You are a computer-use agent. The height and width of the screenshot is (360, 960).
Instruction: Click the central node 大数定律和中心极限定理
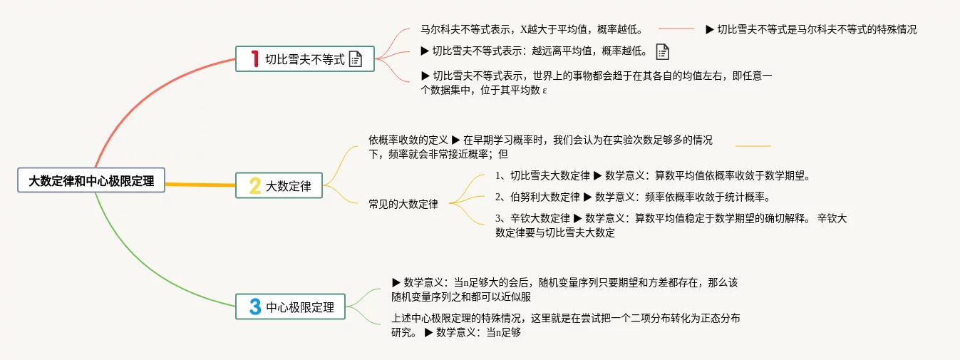point(91,181)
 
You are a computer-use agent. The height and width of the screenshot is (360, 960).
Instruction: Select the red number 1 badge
point(254,59)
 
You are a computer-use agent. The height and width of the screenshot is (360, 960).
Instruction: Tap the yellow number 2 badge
point(254,186)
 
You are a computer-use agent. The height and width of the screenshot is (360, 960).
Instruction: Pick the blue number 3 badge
point(254,307)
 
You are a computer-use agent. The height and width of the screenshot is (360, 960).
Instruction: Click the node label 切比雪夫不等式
point(304,60)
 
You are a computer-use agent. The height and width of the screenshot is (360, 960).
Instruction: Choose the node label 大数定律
point(289,187)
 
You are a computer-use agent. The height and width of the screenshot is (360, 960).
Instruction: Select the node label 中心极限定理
point(300,308)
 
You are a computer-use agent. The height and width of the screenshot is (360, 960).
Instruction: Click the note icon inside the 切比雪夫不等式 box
point(356,59)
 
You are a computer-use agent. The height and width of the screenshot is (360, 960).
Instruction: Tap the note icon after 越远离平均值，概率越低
point(662,51)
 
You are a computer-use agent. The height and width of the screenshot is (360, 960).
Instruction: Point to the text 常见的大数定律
point(403,204)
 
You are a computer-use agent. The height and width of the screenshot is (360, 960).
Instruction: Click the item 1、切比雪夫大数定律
point(542,175)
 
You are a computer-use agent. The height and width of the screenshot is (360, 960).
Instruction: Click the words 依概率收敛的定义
point(408,140)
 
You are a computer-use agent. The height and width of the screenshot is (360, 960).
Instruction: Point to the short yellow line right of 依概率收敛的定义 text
point(753,146)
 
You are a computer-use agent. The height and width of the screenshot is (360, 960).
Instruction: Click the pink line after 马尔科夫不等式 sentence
point(676,29)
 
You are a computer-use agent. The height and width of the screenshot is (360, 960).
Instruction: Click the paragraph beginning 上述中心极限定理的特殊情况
point(566,319)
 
